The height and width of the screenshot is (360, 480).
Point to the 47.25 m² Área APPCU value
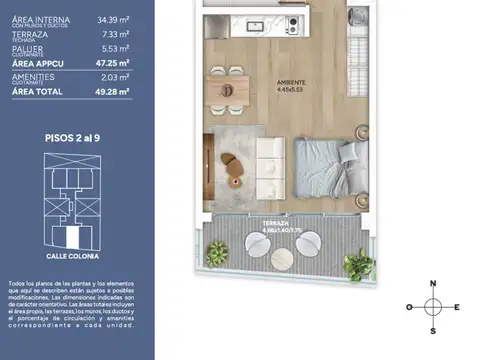tap(112, 62)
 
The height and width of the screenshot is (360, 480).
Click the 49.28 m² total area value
tap(112, 91)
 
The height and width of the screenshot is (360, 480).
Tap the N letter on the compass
tap(432, 283)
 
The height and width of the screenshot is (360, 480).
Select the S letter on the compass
tap(432, 329)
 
